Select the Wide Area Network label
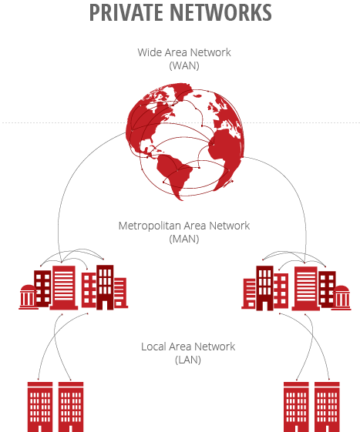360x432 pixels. [184, 52]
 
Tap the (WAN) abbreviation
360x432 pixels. [184, 65]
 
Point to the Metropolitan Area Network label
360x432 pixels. [184, 226]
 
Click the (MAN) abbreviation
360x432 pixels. [184, 239]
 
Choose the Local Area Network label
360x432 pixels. [188, 347]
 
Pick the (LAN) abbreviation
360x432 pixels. [188, 360]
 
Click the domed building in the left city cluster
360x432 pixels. [28, 296]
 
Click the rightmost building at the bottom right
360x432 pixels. [327, 406]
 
